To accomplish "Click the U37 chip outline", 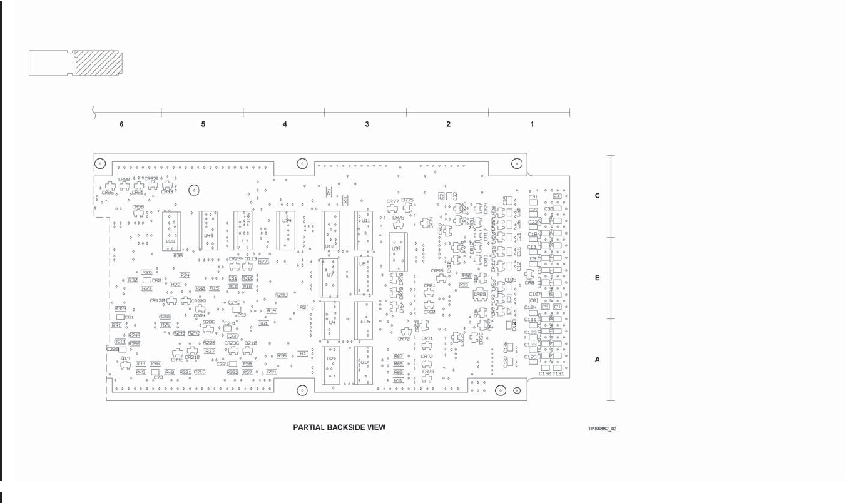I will pyautogui.click(x=397, y=251).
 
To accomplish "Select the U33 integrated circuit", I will pyautogui.click(x=171, y=231).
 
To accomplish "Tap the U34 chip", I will pyautogui.click(x=286, y=230).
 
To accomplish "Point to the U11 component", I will pyautogui.click(x=364, y=231).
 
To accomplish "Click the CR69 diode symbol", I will pyautogui.click(x=480, y=293).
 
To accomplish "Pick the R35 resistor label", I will pyautogui.click(x=178, y=255).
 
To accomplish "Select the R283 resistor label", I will pyautogui.click(x=282, y=295).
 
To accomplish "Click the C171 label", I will pyautogui.click(x=234, y=303).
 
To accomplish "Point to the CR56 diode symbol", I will pyautogui.click(x=138, y=213).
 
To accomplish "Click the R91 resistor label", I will pyautogui.click(x=398, y=380).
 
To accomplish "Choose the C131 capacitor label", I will pyautogui.click(x=558, y=373).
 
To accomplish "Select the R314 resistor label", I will pyautogui.click(x=120, y=309).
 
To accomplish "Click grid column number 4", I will pyautogui.click(x=285, y=124).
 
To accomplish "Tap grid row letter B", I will pyautogui.click(x=597, y=278).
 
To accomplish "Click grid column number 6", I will pyautogui.click(x=121, y=124).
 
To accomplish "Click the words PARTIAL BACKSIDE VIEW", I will pyautogui.click(x=339, y=427).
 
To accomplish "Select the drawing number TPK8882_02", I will pyautogui.click(x=603, y=429).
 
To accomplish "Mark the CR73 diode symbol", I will pyautogui.click(x=428, y=379).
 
